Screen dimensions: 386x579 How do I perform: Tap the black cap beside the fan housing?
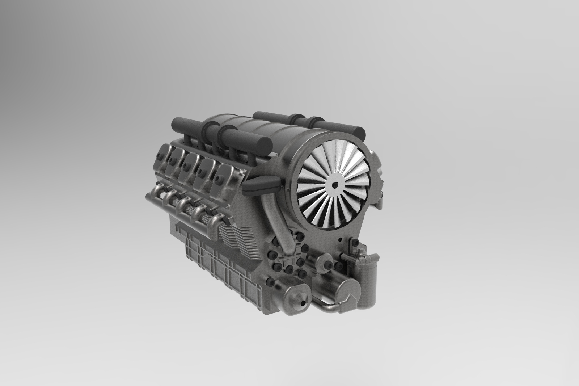click(261, 185)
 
